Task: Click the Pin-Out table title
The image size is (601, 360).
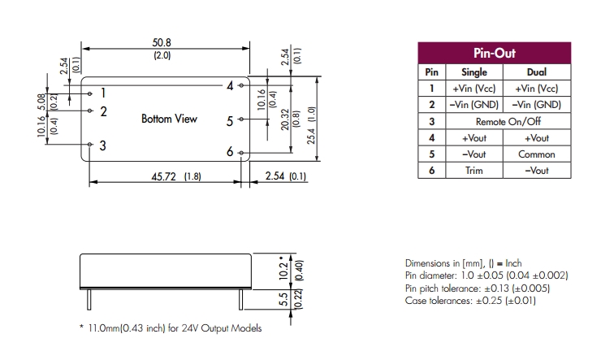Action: [494, 53]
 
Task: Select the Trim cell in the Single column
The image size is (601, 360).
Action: [474, 171]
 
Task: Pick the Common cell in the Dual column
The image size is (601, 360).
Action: [537, 154]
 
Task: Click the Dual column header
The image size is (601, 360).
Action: [537, 72]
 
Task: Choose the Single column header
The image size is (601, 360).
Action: [474, 72]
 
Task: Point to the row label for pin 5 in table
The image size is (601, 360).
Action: [432, 154]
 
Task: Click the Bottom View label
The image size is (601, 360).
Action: [169, 119]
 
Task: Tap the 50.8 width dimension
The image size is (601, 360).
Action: [162, 43]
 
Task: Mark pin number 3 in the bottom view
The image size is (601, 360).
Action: [103, 145]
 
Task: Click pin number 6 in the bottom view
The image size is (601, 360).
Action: [230, 152]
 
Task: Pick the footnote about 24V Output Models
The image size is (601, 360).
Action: [171, 328]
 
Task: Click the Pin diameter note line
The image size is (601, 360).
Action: [486, 276]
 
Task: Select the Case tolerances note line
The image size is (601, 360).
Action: [469, 301]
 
